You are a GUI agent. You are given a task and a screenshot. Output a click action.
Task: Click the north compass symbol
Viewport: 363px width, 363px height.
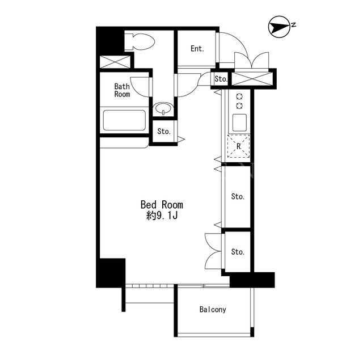tap(279, 27)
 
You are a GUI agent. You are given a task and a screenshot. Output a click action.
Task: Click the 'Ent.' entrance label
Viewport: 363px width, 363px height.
tap(197, 49)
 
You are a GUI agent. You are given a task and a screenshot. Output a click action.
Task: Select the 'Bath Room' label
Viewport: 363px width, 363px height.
tap(122, 90)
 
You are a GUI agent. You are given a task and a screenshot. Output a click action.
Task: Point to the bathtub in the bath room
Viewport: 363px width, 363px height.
tap(125, 120)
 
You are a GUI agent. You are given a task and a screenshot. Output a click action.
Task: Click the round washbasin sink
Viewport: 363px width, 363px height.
tap(163, 108)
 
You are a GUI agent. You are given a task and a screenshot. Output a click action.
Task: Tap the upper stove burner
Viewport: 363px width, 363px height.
tap(239, 96)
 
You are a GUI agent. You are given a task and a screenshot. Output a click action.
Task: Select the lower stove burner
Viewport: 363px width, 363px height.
tap(239, 106)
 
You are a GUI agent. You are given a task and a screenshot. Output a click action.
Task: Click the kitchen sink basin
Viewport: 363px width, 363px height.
tap(239, 123)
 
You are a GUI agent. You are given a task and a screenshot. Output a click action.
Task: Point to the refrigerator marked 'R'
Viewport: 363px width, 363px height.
tap(239, 146)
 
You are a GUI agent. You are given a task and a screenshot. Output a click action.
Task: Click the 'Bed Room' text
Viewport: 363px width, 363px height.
tap(162, 205)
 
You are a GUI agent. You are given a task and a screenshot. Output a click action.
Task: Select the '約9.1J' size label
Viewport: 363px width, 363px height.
tap(162, 216)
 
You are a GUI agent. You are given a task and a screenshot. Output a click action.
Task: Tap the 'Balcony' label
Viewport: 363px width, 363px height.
tap(213, 310)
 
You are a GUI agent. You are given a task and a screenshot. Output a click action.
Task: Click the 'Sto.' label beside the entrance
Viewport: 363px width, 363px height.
tap(221, 79)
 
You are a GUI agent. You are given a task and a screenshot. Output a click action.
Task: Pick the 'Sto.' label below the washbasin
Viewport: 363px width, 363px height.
tap(164, 132)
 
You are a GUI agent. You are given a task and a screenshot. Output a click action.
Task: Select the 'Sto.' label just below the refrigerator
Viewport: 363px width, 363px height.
tap(238, 197)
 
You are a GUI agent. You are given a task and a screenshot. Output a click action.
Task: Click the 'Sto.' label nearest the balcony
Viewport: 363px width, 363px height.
tap(238, 252)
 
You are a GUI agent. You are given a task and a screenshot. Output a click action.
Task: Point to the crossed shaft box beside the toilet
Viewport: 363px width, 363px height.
tap(115, 62)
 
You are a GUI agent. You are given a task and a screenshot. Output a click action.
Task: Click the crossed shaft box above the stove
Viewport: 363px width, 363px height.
tap(252, 79)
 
